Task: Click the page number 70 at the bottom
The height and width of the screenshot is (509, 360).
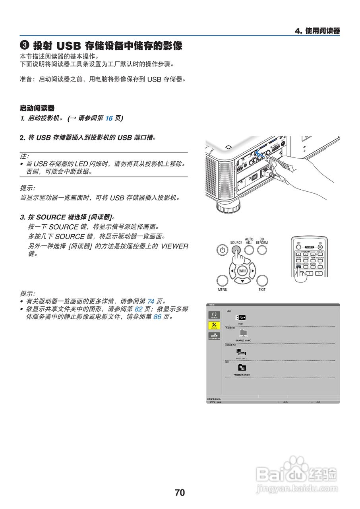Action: (x=180, y=493)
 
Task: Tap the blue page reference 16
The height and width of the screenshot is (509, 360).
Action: (x=109, y=118)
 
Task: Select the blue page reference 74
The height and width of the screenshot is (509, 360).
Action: (x=151, y=301)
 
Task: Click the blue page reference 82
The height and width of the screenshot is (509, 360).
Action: (x=138, y=309)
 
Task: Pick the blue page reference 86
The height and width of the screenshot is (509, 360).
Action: (x=158, y=317)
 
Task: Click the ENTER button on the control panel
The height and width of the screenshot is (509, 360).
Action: (x=242, y=271)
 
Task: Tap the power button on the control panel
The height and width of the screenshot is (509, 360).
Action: (x=223, y=250)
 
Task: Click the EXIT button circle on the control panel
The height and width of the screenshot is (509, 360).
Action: (x=262, y=280)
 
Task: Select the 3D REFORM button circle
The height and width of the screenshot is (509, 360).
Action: (x=262, y=250)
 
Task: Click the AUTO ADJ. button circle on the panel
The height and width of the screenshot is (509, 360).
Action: (x=249, y=250)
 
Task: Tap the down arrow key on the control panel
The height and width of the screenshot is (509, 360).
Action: (x=242, y=282)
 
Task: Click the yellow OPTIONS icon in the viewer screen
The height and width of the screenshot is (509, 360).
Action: (x=214, y=325)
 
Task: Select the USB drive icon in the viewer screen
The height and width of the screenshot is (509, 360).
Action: (x=240, y=317)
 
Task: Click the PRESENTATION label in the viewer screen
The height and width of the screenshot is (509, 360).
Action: (x=242, y=375)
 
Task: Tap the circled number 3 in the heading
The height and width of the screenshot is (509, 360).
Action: (x=24, y=46)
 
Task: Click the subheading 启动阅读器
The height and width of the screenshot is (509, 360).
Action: (x=37, y=108)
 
